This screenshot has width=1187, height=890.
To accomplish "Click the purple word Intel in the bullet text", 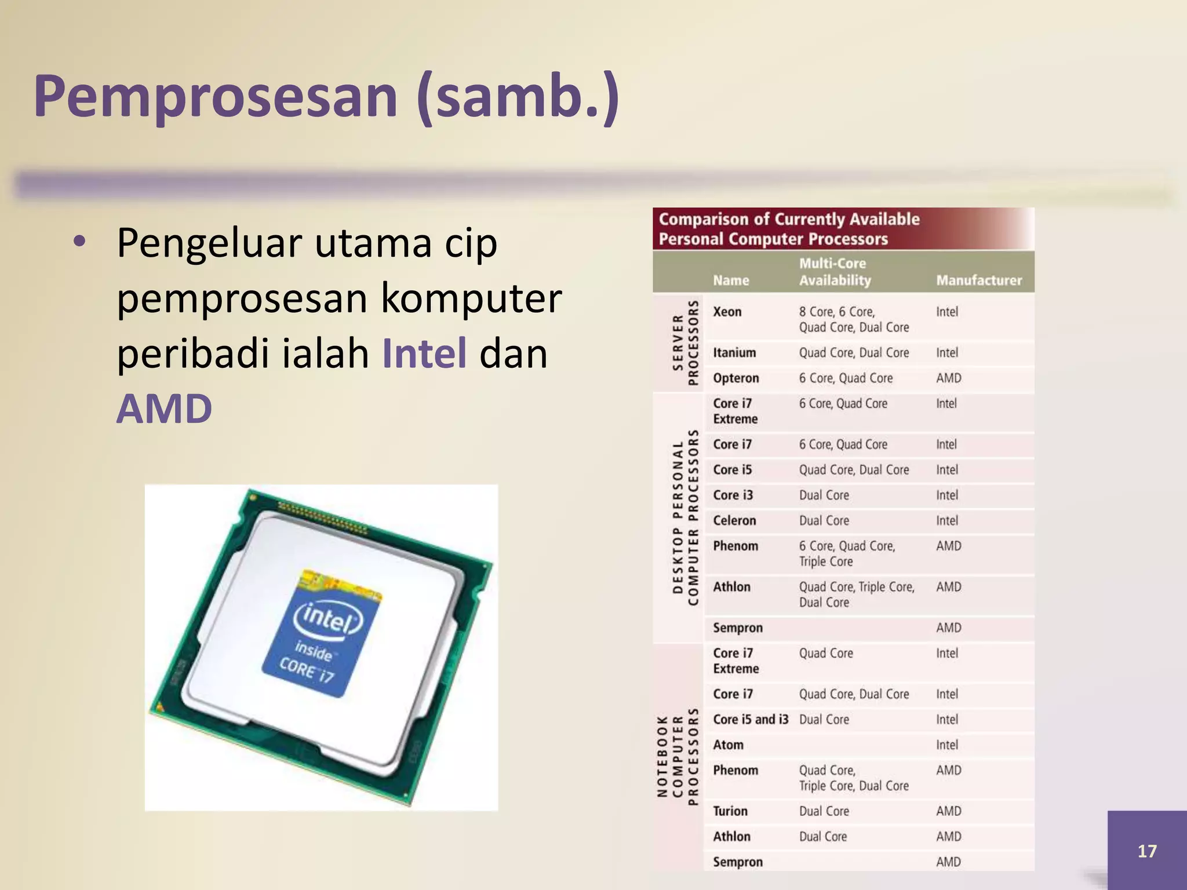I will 424,353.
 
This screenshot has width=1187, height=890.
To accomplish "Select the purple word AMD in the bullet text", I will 164,409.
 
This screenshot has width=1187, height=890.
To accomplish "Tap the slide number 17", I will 1146,851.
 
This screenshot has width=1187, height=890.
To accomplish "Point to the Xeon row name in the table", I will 727,312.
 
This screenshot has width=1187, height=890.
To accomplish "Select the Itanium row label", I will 734,353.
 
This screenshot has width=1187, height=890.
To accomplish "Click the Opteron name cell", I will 735,378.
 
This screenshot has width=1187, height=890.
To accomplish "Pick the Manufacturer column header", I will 979,280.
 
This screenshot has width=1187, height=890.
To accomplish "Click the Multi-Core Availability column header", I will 835,272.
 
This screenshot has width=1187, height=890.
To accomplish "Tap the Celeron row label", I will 734,521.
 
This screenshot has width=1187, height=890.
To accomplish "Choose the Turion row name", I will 730,811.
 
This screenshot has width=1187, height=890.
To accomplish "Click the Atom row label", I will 728,745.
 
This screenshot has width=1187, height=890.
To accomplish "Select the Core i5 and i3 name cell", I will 751,720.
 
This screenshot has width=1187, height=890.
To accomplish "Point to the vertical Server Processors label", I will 685,342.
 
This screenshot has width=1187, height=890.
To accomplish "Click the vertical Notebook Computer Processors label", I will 678,756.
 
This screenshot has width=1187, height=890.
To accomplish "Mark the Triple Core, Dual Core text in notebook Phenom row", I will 854,786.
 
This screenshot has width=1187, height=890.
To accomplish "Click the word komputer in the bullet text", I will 471,298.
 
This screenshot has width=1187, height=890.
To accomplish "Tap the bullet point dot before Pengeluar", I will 79,241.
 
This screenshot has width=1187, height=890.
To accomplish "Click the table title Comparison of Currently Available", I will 789,220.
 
